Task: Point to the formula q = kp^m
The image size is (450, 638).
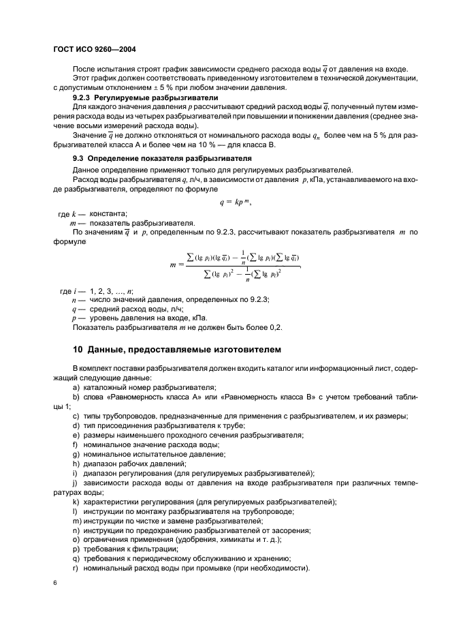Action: click(225, 203)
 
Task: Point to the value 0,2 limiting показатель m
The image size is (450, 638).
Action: click(275, 327)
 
